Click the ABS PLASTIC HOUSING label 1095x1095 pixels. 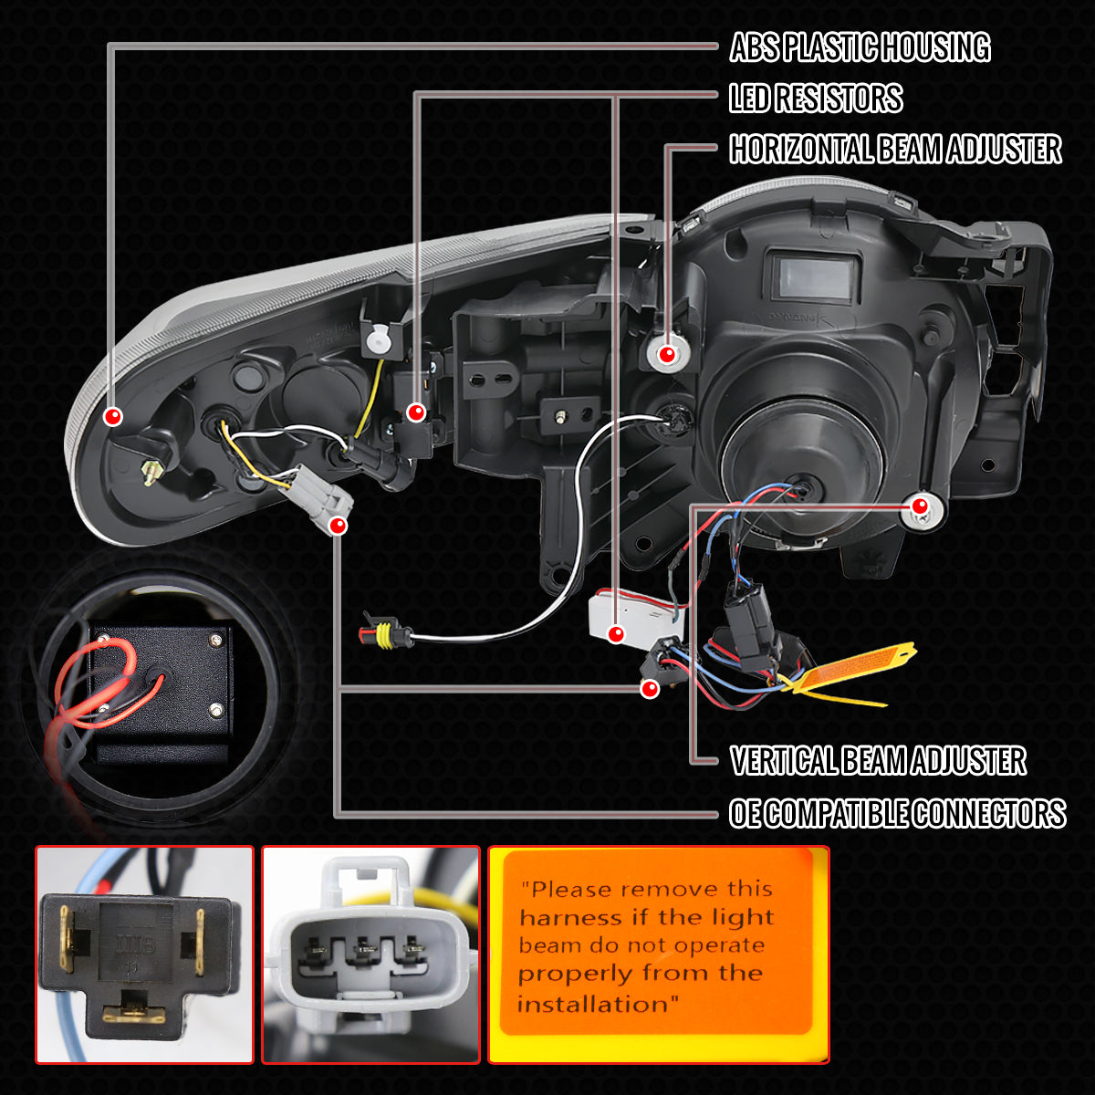860,47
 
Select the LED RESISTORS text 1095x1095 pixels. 816,99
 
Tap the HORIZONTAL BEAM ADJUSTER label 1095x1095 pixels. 895,150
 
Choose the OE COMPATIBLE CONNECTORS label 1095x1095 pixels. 897,813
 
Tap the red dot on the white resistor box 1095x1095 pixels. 617,632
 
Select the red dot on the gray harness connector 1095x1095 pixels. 338,526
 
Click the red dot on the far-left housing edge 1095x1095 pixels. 113,417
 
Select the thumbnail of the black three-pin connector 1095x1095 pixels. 144,954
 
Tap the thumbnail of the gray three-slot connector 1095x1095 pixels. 370,954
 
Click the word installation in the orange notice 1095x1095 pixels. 599,1005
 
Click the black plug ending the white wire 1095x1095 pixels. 383,631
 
